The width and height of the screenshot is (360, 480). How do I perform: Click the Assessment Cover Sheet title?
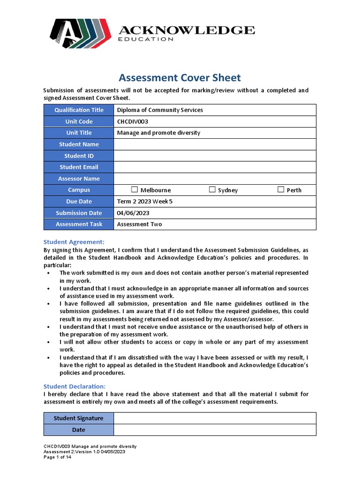pyautogui.click(x=180, y=78)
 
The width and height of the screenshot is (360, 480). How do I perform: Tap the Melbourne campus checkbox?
pyautogui.click(x=135, y=190)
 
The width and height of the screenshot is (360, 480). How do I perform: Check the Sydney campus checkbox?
pyautogui.click(x=212, y=190)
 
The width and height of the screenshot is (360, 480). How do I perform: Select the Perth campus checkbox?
pyautogui.click(x=281, y=190)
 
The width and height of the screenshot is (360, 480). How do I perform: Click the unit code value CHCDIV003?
pyautogui.click(x=133, y=121)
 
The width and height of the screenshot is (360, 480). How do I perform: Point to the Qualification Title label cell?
pyautogui.click(x=79, y=110)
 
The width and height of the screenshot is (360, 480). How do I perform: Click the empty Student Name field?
pyautogui.click(x=215, y=144)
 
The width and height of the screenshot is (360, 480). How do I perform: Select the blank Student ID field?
pyautogui.click(x=215, y=156)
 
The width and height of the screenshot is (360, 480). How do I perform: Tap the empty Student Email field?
pyautogui.click(x=215, y=167)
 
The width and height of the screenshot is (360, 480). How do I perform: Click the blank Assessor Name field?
pyautogui.click(x=215, y=179)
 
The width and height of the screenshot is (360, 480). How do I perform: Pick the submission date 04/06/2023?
pyautogui.click(x=133, y=213)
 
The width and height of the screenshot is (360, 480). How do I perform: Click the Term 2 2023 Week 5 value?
pyautogui.click(x=148, y=202)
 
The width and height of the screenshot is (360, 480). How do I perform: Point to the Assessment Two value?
pyautogui.click(x=139, y=224)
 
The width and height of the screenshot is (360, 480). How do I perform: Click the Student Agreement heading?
pyautogui.click(x=74, y=242)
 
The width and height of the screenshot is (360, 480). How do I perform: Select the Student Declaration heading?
pyautogui.click(x=75, y=386)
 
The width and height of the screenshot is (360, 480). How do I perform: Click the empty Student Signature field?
pyautogui.click(x=215, y=418)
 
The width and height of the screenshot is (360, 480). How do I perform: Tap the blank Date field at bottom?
pyautogui.click(x=215, y=430)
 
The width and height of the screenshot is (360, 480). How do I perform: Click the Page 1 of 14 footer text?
pyautogui.click(x=58, y=457)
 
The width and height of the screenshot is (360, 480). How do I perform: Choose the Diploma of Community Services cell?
pyautogui.click(x=160, y=110)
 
